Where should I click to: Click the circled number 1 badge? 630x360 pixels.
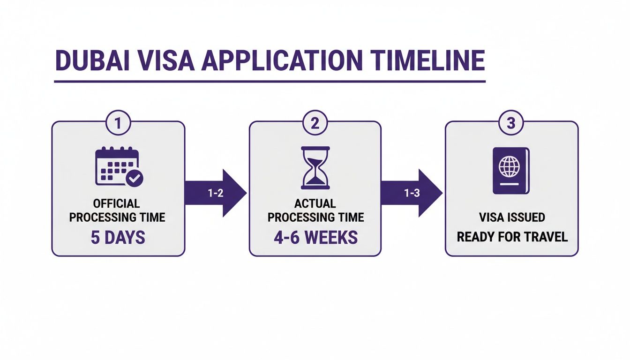pos(118,123)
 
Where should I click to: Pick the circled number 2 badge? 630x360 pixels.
pos(315,123)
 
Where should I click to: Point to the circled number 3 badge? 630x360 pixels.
pos(511,123)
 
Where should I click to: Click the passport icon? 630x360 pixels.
pos(511,171)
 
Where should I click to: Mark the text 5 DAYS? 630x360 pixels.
pos(118,237)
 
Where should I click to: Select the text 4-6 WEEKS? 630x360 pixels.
pos(315,237)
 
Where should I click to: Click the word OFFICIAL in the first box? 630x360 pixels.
pos(116,203)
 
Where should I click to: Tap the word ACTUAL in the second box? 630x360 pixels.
pos(315,203)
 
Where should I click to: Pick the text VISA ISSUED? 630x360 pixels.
pos(512,217)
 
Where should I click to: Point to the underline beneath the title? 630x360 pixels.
pos(270,82)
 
